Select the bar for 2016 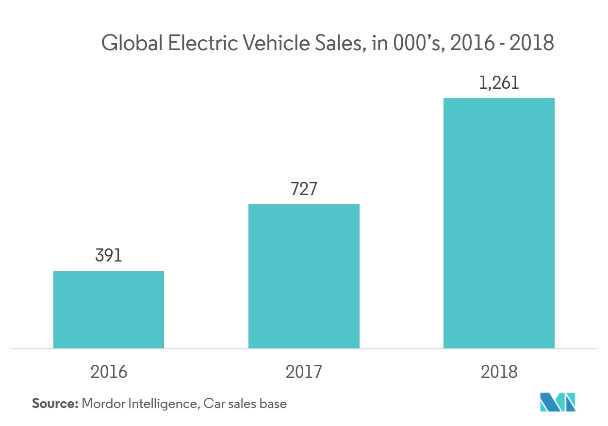pyautogui.click(x=109, y=310)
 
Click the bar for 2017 pyautogui.click(x=304, y=276)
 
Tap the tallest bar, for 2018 pyautogui.click(x=499, y=223)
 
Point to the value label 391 pyautogui.click(x=109, y=256)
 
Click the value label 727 pyautogui.click(x=304, y=189)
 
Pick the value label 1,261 pyautogui.click(x=499, y=83)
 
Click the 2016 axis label pyautogui.click(x=109, y=372)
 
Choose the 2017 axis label pyautogui.click(x=304, y=372)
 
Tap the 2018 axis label pyautogui.click(x=499, y=372)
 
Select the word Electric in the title pyautogui.click(x=203, y=44)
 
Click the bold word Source pyautogui.click(x=55, y=403)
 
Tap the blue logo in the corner pyautogui.click(x=558, y=402)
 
